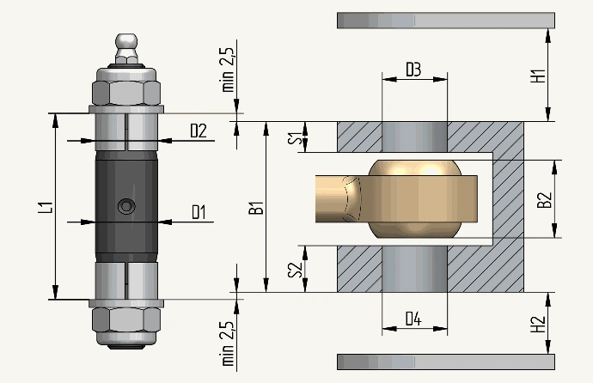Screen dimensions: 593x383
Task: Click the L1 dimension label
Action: (46, 208)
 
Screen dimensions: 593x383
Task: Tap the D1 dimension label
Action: (199, 212)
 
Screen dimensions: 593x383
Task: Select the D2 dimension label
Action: (199, 131)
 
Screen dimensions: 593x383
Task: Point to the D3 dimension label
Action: (413, 70)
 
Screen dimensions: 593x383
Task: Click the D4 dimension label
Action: (413, 319)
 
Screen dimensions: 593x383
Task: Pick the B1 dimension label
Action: (256, 208)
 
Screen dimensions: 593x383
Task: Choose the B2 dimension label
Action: (545, 200)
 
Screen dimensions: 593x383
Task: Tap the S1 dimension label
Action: (296, 138)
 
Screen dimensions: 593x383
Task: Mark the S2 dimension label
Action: (296, 270)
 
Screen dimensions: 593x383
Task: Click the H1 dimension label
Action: (538, 76)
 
